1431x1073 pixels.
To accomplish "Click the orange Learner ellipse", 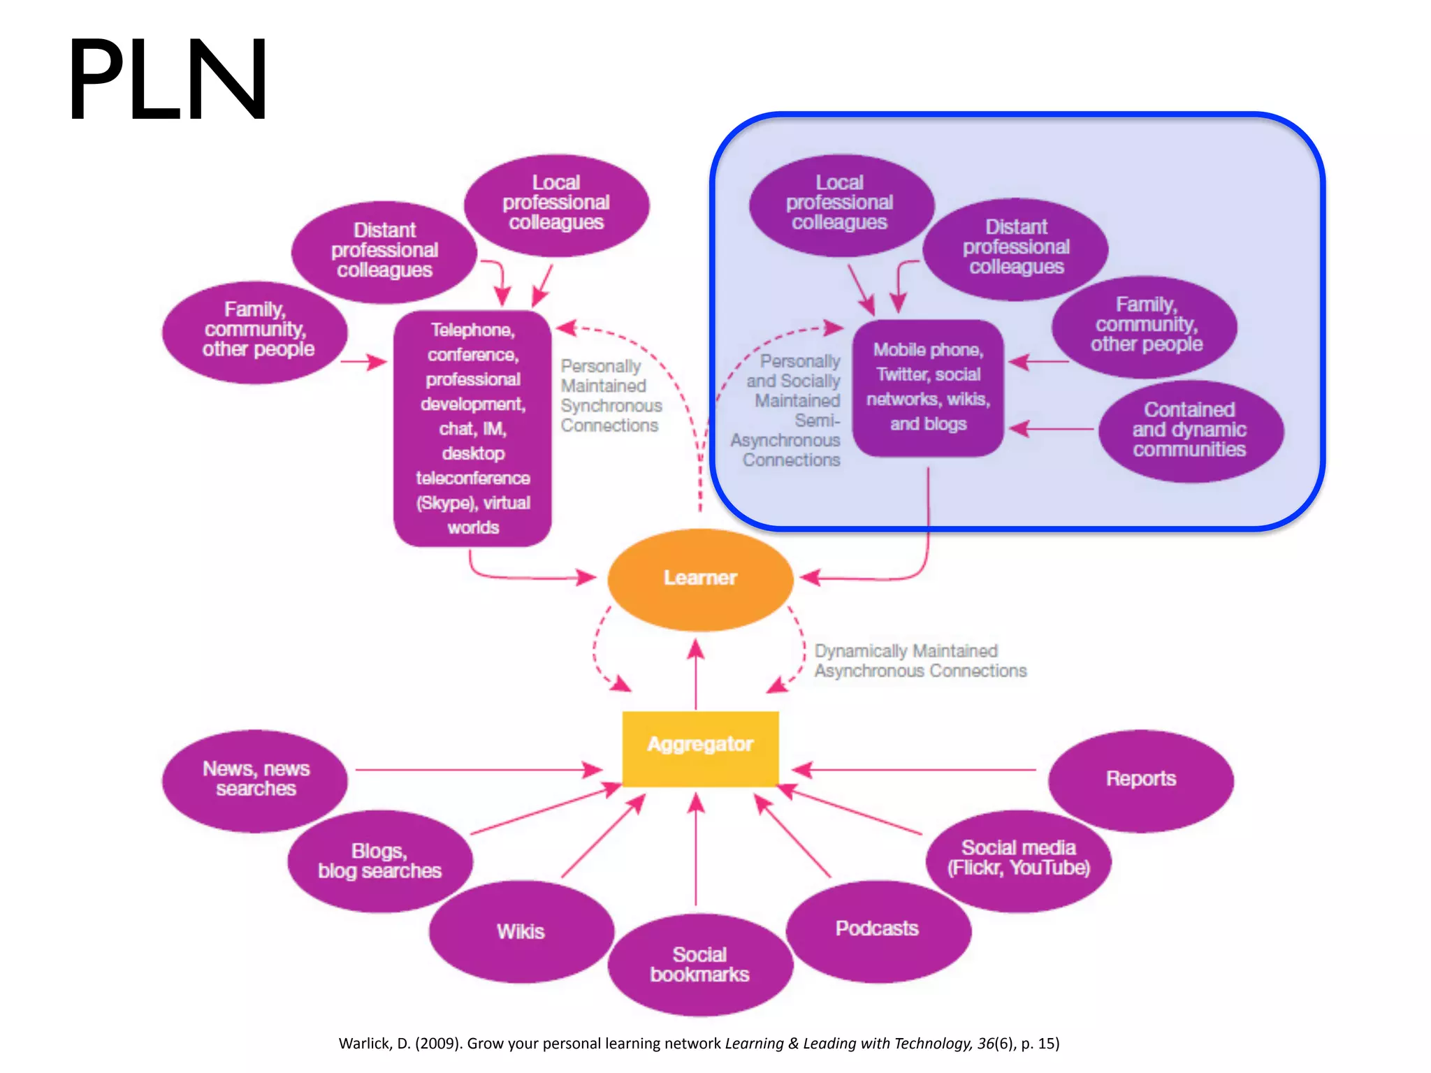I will coord(700,578).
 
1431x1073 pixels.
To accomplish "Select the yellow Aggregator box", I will coord(700,748).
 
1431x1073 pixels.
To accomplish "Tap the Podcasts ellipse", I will coord(878,930).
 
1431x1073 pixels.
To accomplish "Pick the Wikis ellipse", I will coord(521,931).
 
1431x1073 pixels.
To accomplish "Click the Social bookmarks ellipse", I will coord(700,965).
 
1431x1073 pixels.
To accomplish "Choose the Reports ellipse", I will coord(1140,780).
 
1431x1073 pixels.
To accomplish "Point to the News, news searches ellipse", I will coord(256,780).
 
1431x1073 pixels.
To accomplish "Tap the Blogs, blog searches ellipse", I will coord(380,861).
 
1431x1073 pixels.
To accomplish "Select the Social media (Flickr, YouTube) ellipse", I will coord(1019,859).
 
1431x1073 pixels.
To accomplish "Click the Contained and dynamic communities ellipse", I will coord(1190,430).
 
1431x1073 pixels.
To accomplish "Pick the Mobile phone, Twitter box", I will coord(928,388).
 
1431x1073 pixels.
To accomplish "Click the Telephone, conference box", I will coord(473,428).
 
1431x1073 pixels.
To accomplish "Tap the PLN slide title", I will coord(168,80).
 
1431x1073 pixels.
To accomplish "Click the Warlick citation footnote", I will coord(699,1044).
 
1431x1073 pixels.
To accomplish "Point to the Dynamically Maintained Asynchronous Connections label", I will coord(920,661).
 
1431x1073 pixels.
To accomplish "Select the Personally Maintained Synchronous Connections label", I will coord(610,396).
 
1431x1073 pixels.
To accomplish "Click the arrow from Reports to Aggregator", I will coord(915,770).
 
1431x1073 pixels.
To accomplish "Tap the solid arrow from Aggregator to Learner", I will coord(696,674).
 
